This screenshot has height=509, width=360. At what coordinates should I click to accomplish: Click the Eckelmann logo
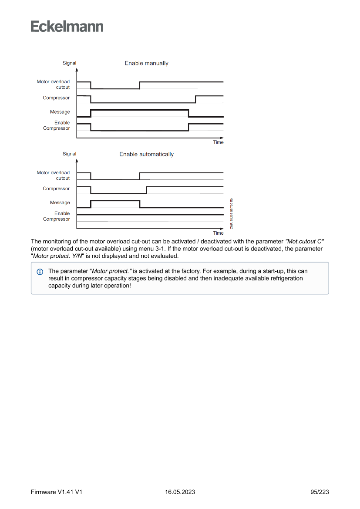[67, 27]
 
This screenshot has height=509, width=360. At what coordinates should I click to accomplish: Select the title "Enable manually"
[146, 64]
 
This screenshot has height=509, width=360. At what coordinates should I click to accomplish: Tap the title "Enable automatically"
[146, 155]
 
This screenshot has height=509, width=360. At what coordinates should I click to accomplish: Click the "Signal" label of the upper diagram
[69, 63]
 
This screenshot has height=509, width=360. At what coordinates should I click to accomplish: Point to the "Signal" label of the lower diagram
[69, 154]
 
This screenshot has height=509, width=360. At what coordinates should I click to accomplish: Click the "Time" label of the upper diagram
[218, 142]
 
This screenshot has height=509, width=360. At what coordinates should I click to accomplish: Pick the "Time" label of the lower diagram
[218, 233]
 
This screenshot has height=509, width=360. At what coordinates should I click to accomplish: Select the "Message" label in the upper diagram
[60, 112]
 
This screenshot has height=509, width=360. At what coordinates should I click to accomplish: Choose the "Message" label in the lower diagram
[60, 202]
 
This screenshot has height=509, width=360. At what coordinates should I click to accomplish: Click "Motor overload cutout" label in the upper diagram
[53, 84]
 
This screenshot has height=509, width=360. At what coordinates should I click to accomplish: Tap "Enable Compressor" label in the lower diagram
[56, 216]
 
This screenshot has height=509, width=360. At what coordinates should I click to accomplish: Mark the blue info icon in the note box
[40, 272]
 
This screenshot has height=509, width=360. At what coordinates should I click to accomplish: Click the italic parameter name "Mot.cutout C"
[304, 241]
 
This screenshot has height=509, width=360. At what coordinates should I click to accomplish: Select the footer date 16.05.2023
[180, 492]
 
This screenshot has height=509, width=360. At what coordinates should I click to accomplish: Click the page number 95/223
[320, 492]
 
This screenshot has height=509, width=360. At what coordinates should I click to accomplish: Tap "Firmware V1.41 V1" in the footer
[57, 492]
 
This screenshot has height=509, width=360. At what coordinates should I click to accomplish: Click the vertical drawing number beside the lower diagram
[232, 213]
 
